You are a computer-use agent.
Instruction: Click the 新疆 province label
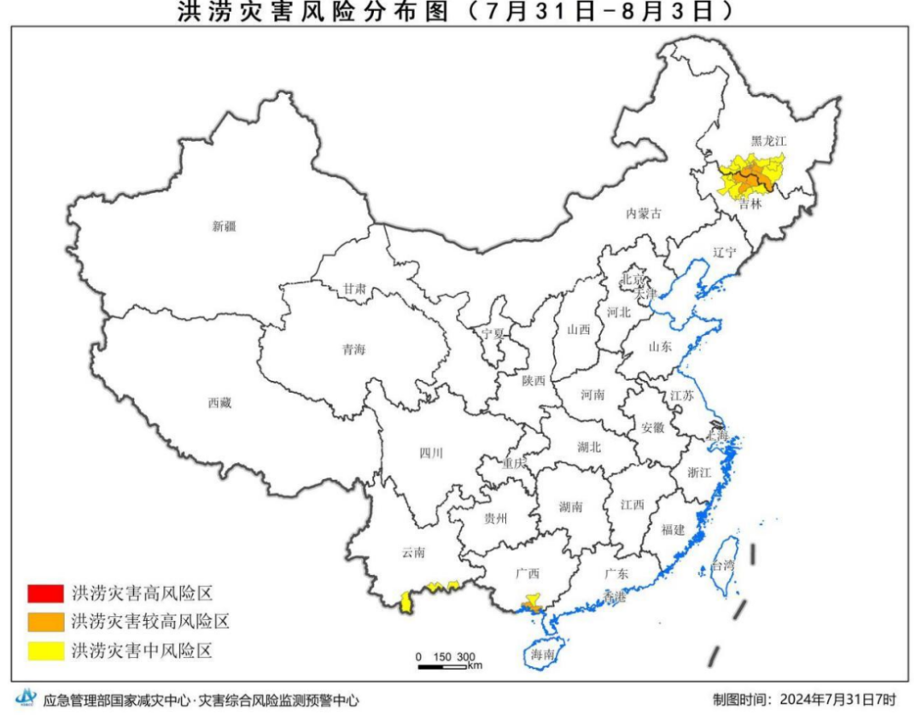click(x=224, y=226)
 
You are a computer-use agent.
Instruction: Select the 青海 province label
click(x=353, y=349)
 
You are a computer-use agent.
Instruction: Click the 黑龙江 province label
click(x=767, y=140)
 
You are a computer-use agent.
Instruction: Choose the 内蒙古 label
click(x=644, y=214)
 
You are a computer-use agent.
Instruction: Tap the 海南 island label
click(x=543, y=655)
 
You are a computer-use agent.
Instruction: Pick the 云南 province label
click(x=413, y=553)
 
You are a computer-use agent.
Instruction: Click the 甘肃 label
click(x=355, y=290)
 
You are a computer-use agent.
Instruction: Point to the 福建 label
click(x=673, y=530)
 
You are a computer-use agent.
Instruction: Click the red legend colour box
click(x=45, y=592)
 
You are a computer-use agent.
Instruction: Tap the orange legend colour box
click(x=45, y=621)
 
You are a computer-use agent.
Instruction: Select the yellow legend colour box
click(x=45, y=651)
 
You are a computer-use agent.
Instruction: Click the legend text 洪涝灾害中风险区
click(x=141, y=651)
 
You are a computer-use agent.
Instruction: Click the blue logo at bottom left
click(x=26, y=699)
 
